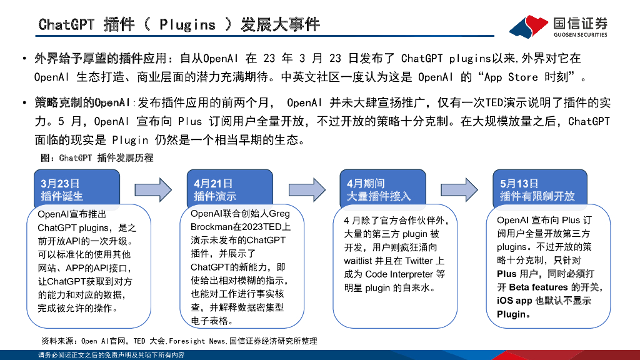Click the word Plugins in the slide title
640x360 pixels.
[x=187, y=24]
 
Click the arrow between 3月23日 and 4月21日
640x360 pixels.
[x=153, y=188]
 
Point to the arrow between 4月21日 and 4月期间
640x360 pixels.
[x=306, y=188]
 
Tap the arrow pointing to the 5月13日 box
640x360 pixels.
[x=459, y=188]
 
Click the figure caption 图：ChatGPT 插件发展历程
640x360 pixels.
[x=96, y=158]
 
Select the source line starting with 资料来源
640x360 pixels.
[x=179, y=341]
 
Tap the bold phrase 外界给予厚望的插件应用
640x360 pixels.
[x=101, y=59]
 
